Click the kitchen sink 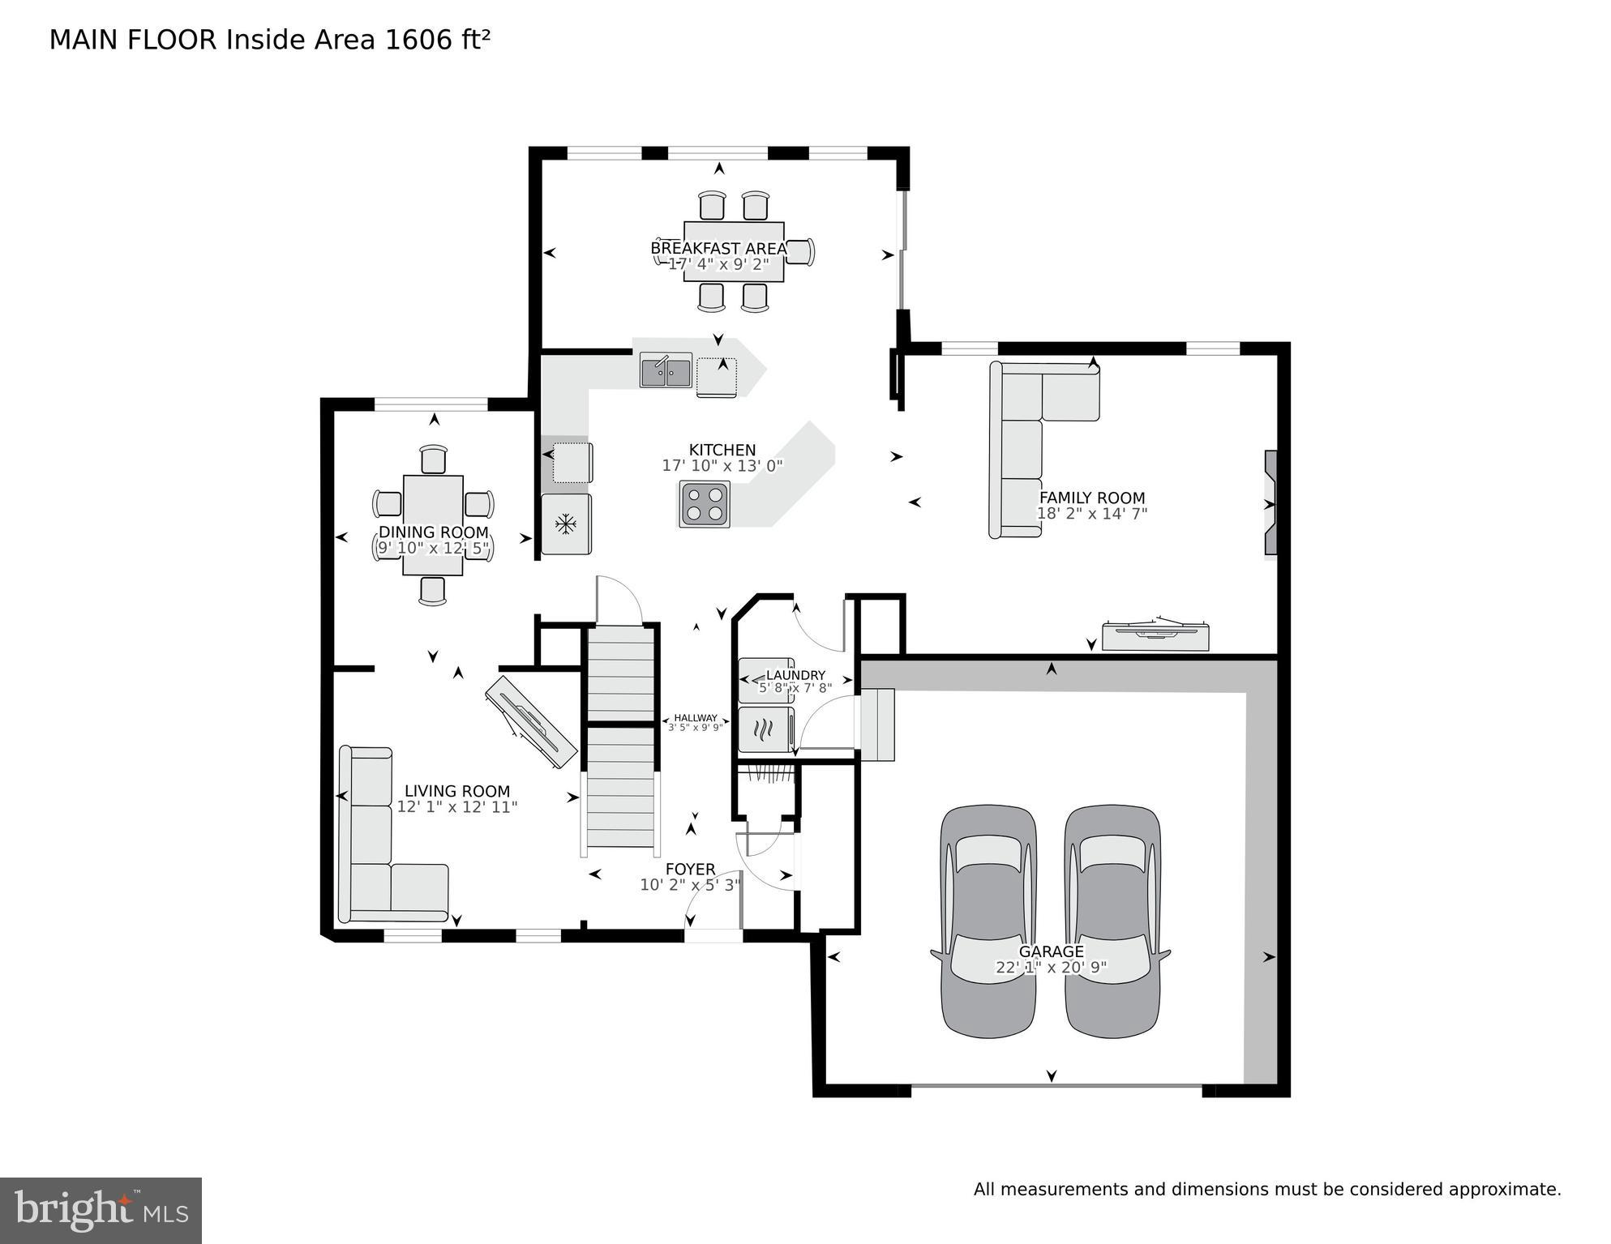[666, 371]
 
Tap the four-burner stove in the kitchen [705, 504]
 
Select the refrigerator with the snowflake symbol [566, 524]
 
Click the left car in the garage [988, 921]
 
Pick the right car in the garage [1112, 921]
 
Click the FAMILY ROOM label [1091, 498]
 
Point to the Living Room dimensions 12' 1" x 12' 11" [456, 807]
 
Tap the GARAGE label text [1051, 951]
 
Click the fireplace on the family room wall [1270, 504]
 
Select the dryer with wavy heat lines [765, 730]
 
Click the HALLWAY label [695, 718]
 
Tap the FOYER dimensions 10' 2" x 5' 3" [690, 885]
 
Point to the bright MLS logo [101, 1210]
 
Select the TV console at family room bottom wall [1155, 635]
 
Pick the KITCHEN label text [722, 450]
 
